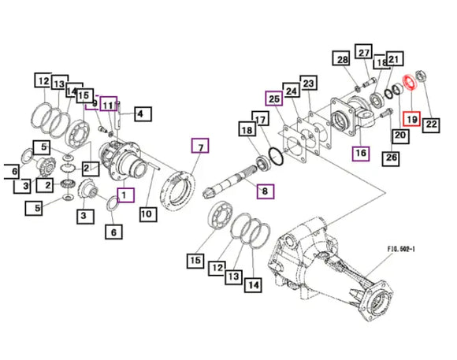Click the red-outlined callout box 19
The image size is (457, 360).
click(411, 120)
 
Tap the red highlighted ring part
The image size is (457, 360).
click(409, 82)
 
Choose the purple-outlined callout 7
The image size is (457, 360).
click(199, 147)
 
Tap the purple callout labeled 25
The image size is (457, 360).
click(273, 98)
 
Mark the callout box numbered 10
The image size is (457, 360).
click(146, 212)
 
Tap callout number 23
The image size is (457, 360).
click(307, 84)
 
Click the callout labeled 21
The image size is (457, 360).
click(395, 58)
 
